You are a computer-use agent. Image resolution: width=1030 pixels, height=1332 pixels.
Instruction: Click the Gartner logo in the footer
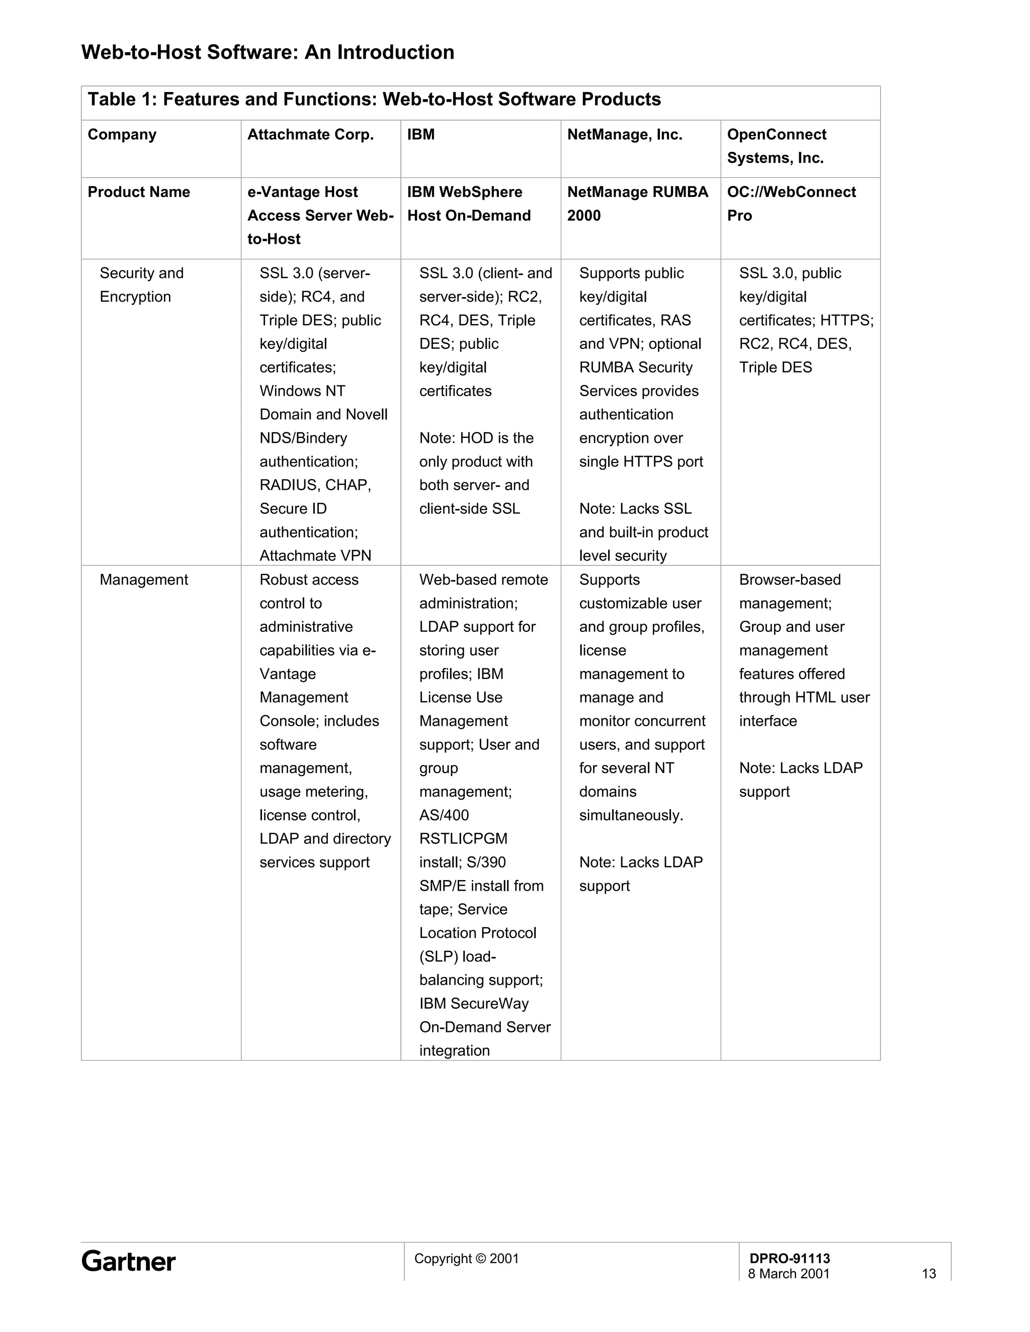128,1261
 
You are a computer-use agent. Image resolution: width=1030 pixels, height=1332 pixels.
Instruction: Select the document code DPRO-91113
790,1258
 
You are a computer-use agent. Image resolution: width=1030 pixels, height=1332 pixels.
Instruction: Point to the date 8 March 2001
789,1274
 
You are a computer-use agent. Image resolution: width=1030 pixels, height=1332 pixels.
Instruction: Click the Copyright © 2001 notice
466,1258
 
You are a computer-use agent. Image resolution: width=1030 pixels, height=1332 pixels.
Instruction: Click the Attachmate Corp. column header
310,135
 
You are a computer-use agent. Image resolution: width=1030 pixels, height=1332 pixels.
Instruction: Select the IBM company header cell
421,135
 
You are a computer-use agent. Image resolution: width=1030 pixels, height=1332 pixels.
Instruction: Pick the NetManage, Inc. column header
624,135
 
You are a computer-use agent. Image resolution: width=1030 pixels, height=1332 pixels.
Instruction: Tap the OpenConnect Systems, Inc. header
776,146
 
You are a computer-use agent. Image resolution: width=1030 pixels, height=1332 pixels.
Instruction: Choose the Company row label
122,135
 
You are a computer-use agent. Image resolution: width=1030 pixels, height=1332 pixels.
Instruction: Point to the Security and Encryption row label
141,285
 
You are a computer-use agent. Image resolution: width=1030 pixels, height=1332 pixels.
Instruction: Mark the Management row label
143,580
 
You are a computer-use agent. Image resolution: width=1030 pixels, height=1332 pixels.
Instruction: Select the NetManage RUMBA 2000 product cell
637,204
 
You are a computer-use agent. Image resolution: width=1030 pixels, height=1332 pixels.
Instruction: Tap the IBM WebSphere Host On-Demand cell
469,204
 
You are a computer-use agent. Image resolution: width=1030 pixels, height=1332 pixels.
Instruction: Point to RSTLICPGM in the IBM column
463,838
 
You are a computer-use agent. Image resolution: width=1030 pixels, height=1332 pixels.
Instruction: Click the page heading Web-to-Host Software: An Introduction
268,52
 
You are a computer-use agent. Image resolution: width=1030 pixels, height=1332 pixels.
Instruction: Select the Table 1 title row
374,100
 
